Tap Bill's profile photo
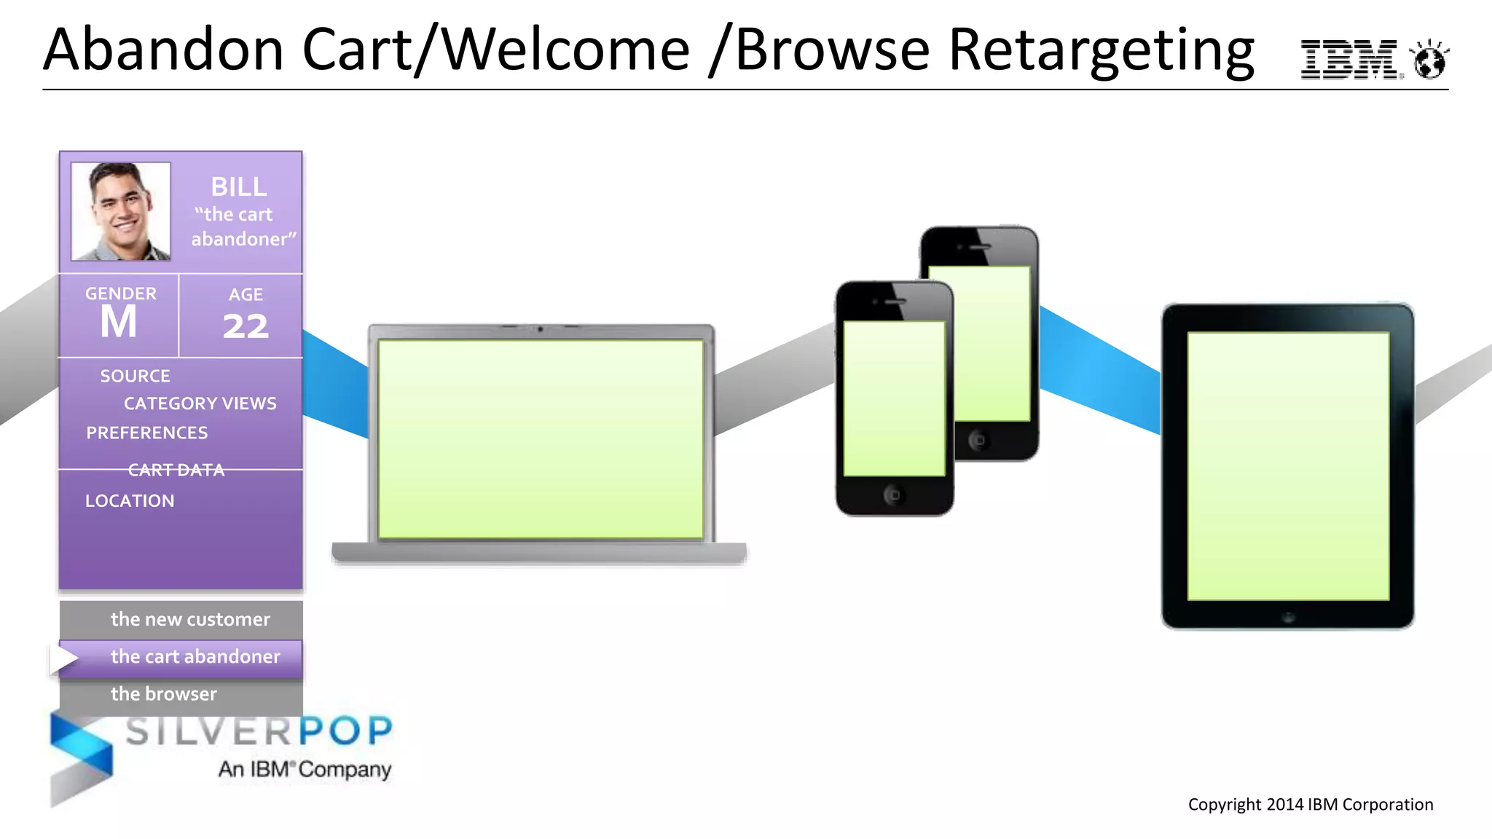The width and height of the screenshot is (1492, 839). click(121, 211)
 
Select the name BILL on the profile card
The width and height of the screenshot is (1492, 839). click(239, 187)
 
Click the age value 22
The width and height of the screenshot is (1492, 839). click(246, 326)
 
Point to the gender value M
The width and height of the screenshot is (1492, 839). click(119, 322)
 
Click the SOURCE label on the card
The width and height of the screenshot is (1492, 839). click(135, 376)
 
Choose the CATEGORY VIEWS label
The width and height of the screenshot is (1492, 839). click(200, 403)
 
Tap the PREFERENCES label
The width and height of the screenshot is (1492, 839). click(147, 433)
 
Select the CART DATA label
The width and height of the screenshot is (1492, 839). click(176, 470)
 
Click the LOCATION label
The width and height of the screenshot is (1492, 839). click(130, 501)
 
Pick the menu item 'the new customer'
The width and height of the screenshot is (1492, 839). click(190, 619)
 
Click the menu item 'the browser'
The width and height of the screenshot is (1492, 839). click(164, 693)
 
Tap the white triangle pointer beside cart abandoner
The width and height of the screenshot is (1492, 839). click(63, 658)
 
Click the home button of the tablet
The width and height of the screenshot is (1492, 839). click(1288, 618)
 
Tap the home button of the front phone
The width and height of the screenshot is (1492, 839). click(893, 495)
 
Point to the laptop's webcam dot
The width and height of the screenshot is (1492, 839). click(540, 330)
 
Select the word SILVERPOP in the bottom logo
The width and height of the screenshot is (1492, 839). click(259, 730)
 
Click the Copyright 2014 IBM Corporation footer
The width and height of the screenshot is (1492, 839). click(1310, 805)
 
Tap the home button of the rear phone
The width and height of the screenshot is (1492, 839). click(978, 440)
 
